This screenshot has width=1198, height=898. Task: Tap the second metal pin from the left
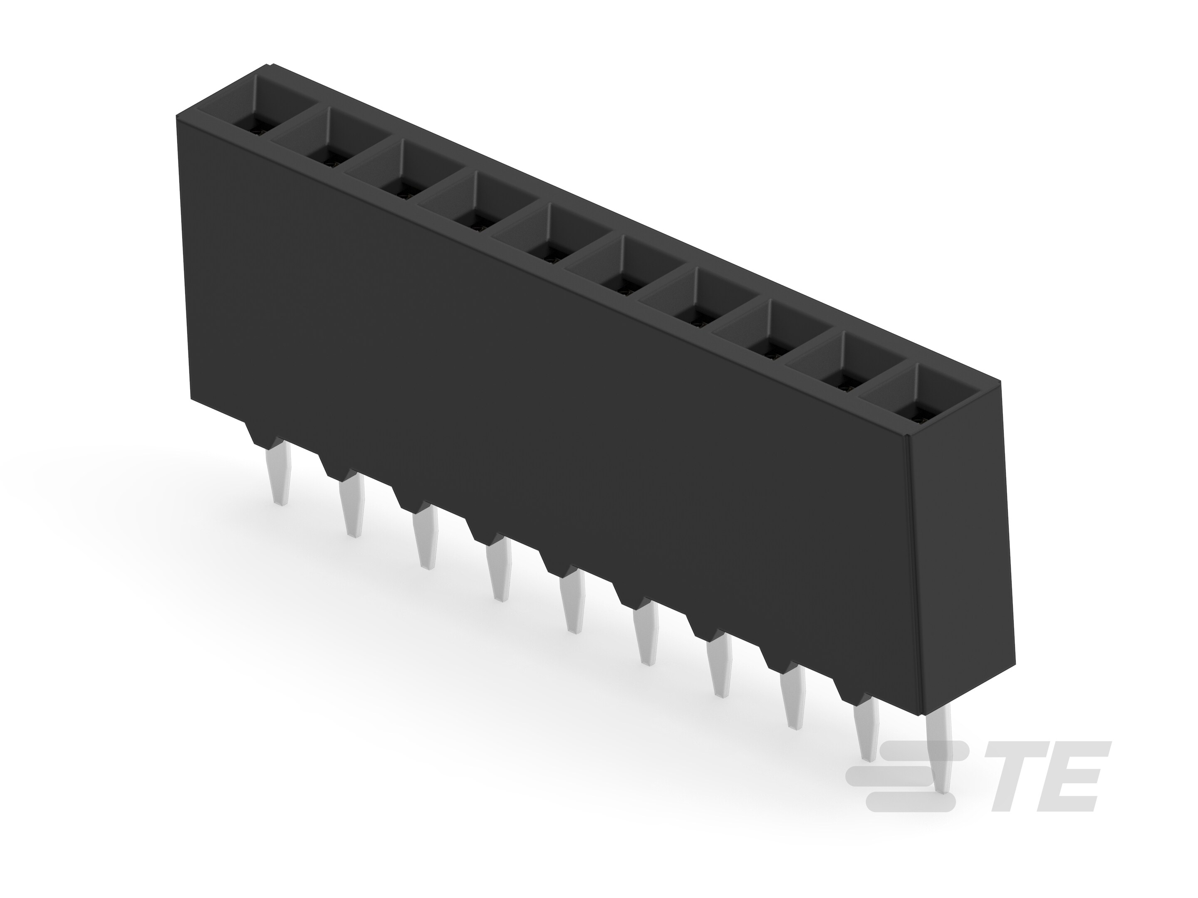point(351,506)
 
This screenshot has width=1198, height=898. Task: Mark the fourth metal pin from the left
point(498,572)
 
